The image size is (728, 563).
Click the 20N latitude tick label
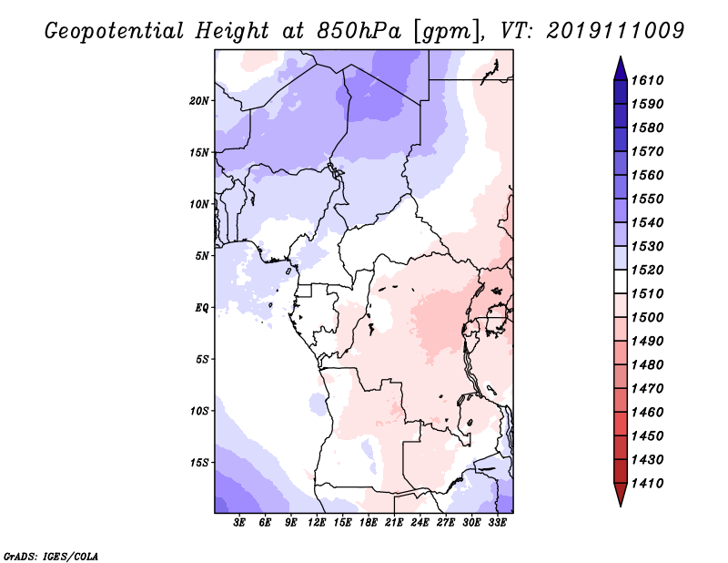click(199, 100)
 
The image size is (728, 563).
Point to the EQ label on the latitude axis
click(201, 307)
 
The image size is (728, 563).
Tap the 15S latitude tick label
click(199, 462)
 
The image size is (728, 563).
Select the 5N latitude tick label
click(202, 256)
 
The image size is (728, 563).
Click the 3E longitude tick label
click(239, 523)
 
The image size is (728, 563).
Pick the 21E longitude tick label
click(394, 523)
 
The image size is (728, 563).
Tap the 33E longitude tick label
click(497, 523)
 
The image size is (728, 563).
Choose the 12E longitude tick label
click(316, 523)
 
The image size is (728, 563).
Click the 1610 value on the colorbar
click(647, 80)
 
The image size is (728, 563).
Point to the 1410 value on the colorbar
click(647, 483)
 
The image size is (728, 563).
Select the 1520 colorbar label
click(647, 270)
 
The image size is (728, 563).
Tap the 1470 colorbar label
click(647, 388)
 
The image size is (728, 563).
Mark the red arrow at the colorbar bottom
click(621, 493)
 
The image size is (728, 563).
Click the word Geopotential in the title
click(115, 32)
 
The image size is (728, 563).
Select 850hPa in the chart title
click(359, 31)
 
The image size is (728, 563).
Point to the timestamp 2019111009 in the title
click(615, 31)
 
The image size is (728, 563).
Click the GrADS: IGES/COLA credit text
click(51, 557)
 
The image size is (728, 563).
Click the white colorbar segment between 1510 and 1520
click(621, 281)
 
